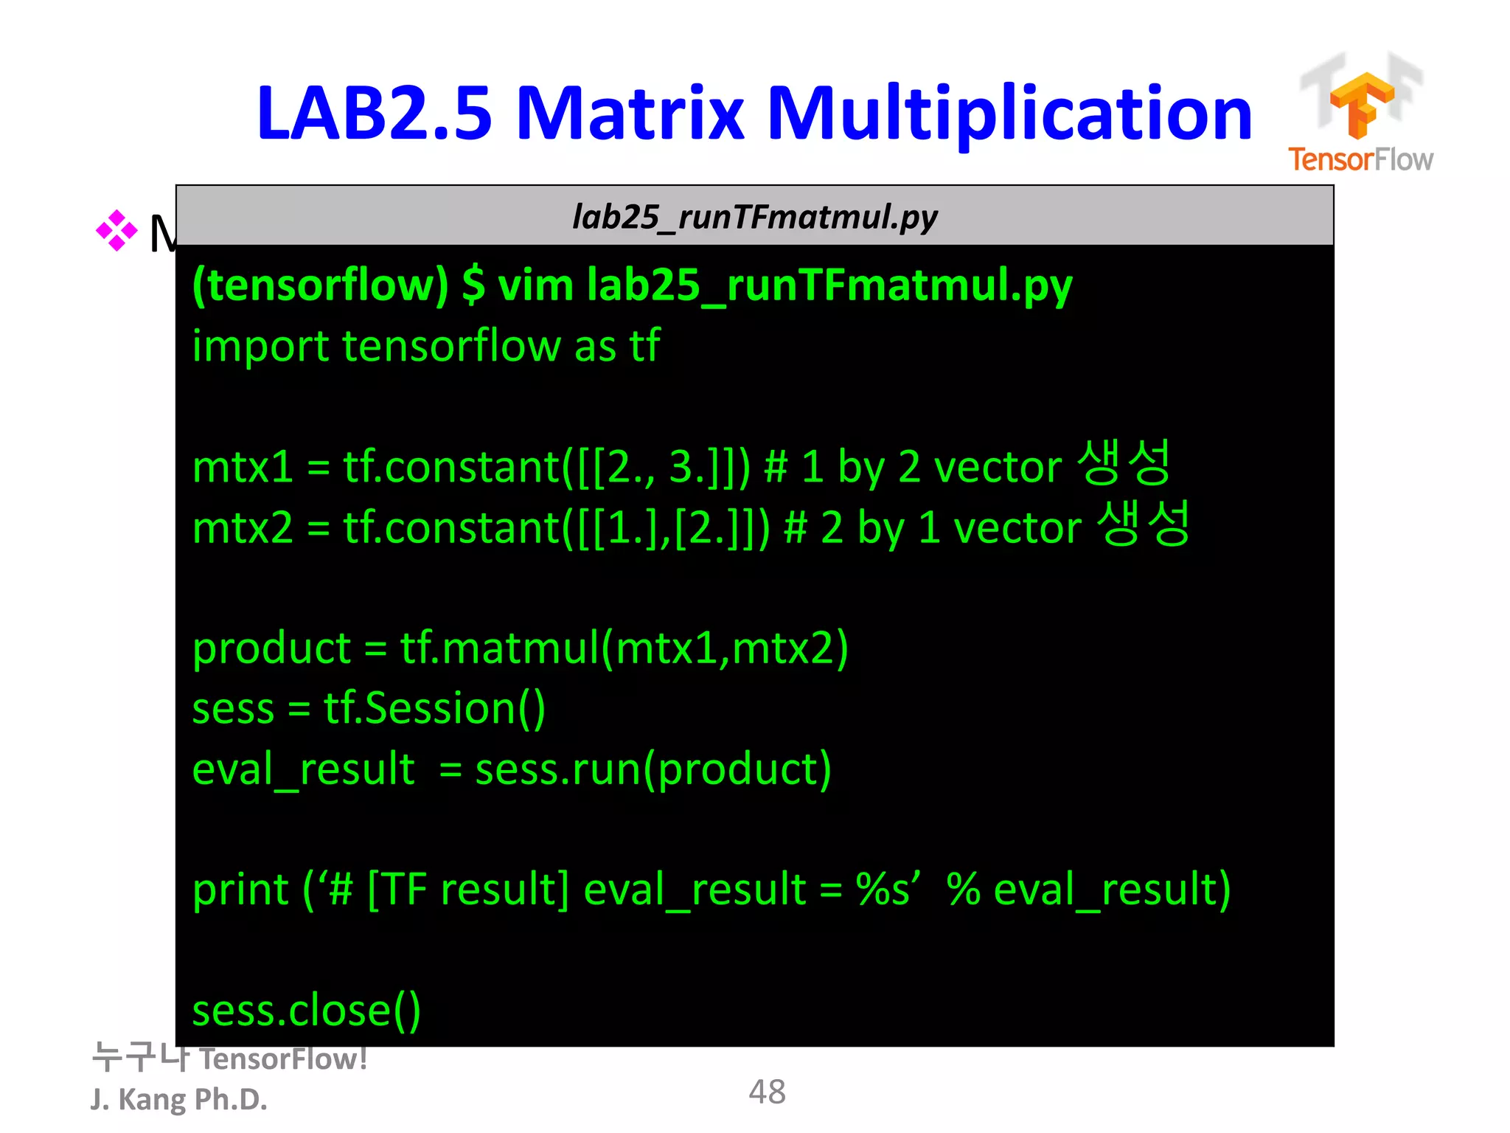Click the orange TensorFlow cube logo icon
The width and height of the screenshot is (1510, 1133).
coord(1361,104)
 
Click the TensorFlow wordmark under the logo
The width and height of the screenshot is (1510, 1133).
coord(1360,159)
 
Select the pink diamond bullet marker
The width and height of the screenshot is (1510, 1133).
coord(116,231)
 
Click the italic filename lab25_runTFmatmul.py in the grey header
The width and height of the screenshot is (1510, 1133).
coord(754,217)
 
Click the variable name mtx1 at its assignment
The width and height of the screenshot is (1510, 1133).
coord(243,467)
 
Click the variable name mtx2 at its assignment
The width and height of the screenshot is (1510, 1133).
coord(243,528)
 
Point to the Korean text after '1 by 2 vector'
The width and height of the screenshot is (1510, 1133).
coord(1124,463)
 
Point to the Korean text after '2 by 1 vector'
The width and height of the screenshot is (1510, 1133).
coord(1143,524)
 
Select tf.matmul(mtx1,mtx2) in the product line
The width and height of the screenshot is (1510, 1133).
coord(624,648)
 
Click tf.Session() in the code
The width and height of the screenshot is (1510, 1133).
coord(434,709)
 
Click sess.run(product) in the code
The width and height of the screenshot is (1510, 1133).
coord(653,769)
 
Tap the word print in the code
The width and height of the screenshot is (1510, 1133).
coord(240,890)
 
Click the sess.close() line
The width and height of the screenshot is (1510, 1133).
coord(306,1010)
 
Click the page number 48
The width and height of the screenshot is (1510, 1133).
coord(767,1092)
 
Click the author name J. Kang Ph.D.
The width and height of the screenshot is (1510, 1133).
coord(178,1099)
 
